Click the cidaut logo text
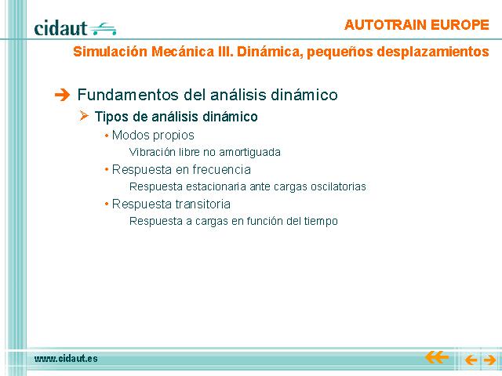(x=60, y=28)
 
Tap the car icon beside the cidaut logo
(x=103, y=29)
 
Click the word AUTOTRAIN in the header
(x=385, y=25)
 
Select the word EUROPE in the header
(x=460, y=25)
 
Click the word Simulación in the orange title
(x=110, y=52)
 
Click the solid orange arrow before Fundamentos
(x=62, y=95)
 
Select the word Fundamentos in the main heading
(x=129, y=95)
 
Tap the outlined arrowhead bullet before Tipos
(x=84, y=115)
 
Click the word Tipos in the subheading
(x=111, y=117)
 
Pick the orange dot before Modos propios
(x=107, y=136)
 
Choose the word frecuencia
(x=221, y=169)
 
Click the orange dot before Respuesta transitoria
(x=107, y=204)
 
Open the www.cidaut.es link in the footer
(x=66, y=359)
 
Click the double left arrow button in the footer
(x=436, y=357)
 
